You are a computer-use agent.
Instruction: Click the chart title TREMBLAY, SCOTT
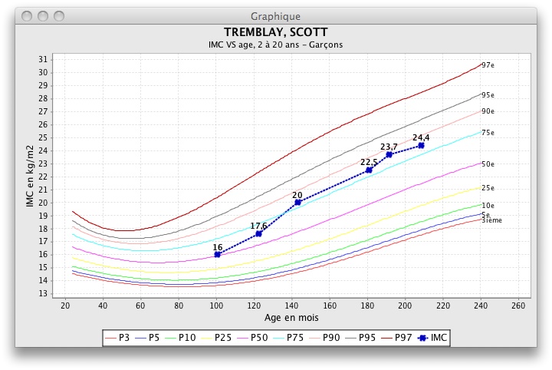tap(275, 32)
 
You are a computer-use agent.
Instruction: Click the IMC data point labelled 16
tap(218, 254)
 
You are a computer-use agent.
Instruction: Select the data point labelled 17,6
tap(258, 233)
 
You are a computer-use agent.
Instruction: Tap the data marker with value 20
tap(297, 202)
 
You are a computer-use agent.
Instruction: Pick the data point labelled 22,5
tap(369, 170)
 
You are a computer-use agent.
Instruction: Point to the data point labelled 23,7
tap(389, 154)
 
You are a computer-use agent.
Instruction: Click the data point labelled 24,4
tap(421, 145)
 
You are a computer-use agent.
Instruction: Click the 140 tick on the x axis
tap(292, 306)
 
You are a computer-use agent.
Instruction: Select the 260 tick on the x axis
tap(519, 306)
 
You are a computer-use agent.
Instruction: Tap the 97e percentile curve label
tap(488, 65)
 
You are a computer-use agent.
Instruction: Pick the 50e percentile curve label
tap(488, 164)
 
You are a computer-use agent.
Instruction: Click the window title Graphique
tap(275, 15)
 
